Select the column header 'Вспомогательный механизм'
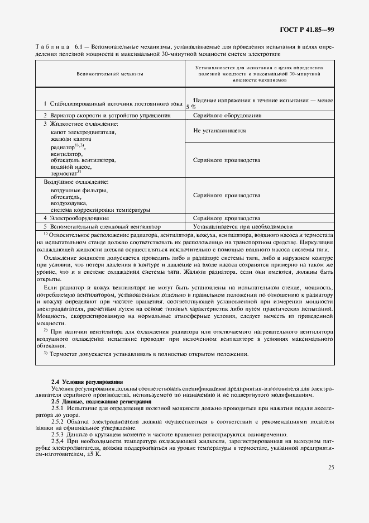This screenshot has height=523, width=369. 110,73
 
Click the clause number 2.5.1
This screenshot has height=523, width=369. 58,409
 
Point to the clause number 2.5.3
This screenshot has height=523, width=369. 58,435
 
